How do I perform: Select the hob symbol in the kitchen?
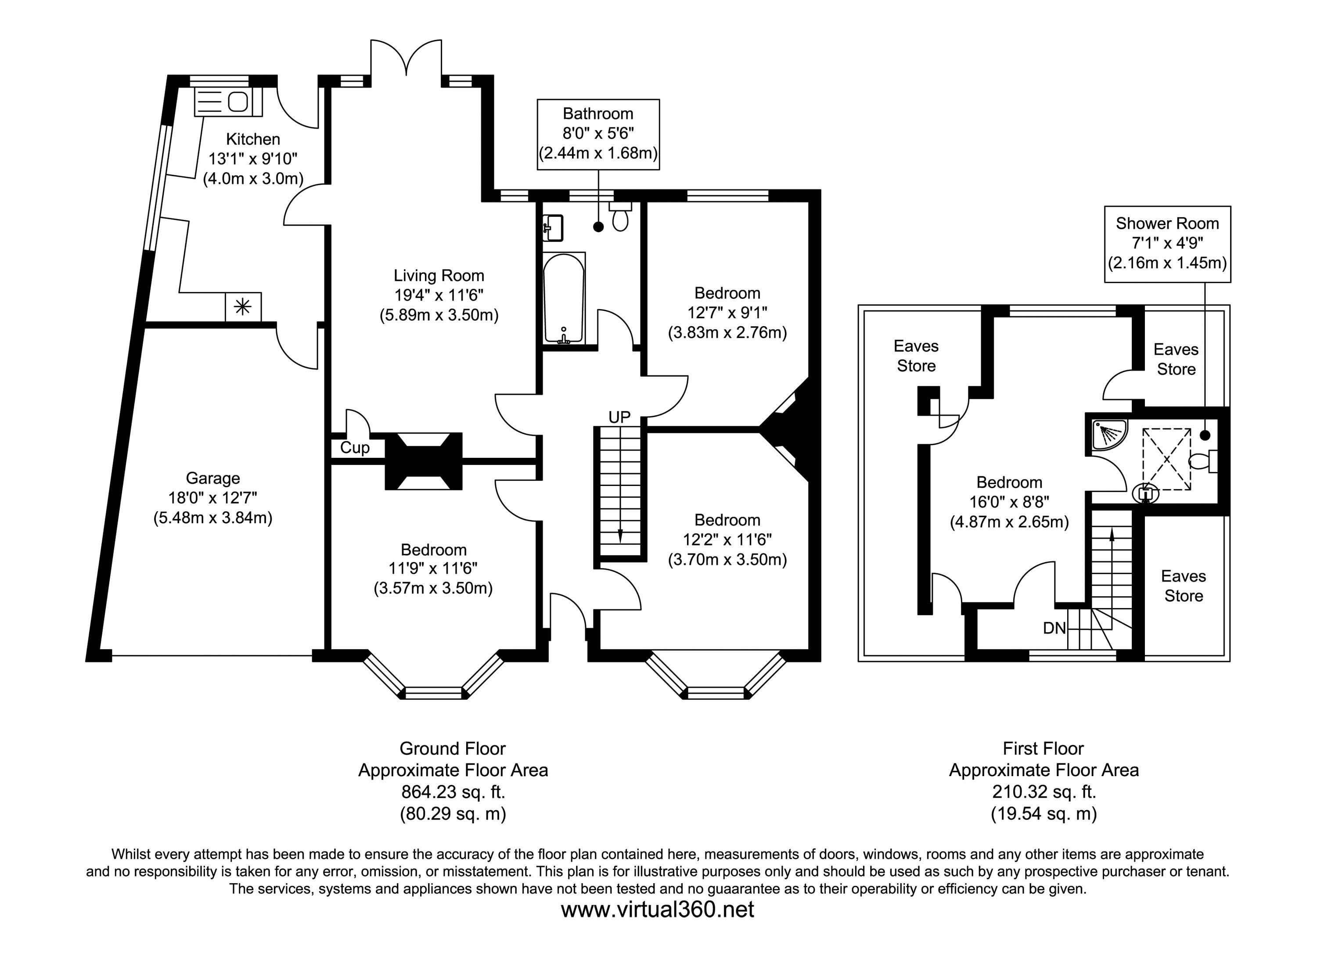pos(243,306)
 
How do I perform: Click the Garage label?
pos(212,478)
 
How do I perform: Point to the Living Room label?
pos(439,275)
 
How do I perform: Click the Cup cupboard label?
pos(354,448)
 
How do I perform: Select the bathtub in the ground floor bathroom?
pos(563,299)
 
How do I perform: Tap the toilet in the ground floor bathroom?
pos(620,217)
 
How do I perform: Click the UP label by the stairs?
pos(619,417)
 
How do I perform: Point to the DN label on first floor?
pos(1054,628)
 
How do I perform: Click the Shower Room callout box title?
pos(1167,223)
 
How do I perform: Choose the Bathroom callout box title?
pos(597,114)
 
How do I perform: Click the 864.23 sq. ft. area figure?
pos(453,792)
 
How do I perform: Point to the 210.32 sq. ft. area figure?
pos(1044,792)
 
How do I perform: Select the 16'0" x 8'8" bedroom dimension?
pos(1009,502)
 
